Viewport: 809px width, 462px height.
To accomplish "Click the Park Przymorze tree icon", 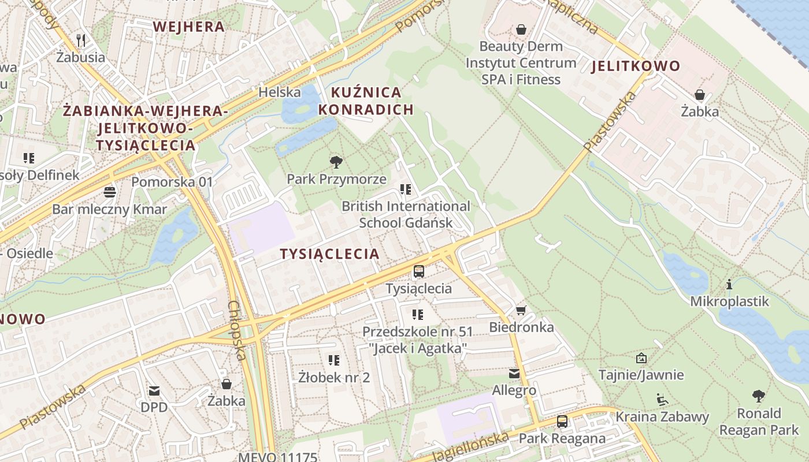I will click(x=336, y=162).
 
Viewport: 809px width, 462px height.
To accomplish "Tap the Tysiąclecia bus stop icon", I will click(x=419, y=271).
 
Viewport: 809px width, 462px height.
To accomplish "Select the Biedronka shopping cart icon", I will click(x=521, y=311).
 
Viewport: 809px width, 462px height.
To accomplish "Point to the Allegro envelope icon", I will click(x=514, y=374).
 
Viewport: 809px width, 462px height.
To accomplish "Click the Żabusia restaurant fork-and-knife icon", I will click(x=81, y=40).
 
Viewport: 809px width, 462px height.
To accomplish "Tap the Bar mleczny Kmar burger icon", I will click(x=109, y=192).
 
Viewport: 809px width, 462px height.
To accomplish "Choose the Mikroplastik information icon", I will click(x=729, y=284).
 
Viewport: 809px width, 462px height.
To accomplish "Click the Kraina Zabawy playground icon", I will click(x=662, y=399).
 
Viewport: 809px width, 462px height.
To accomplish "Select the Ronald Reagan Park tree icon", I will click(x=759, y=396).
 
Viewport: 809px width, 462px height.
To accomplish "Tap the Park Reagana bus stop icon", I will click(x=562, y=422).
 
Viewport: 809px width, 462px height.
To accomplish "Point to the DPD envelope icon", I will click(x=154, y=390).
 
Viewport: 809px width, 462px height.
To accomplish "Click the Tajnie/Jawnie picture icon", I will click(x=641, y=358).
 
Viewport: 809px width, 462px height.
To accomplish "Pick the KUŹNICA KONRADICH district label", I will click(x=366, y=100).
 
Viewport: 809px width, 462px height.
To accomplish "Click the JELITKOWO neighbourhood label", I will click(x=636, y=66).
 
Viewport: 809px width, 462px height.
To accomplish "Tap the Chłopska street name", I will click(x=237, y=330).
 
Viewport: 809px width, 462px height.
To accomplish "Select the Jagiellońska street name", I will click(x=470, y=445).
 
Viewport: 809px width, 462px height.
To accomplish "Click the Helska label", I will click(x=280, y=92).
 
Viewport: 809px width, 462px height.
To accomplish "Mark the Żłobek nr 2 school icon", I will click(x=334, y=360).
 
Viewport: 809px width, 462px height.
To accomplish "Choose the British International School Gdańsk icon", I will click(x=406, y=189).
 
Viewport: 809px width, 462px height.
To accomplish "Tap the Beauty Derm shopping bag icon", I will click(x=521, y=29).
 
